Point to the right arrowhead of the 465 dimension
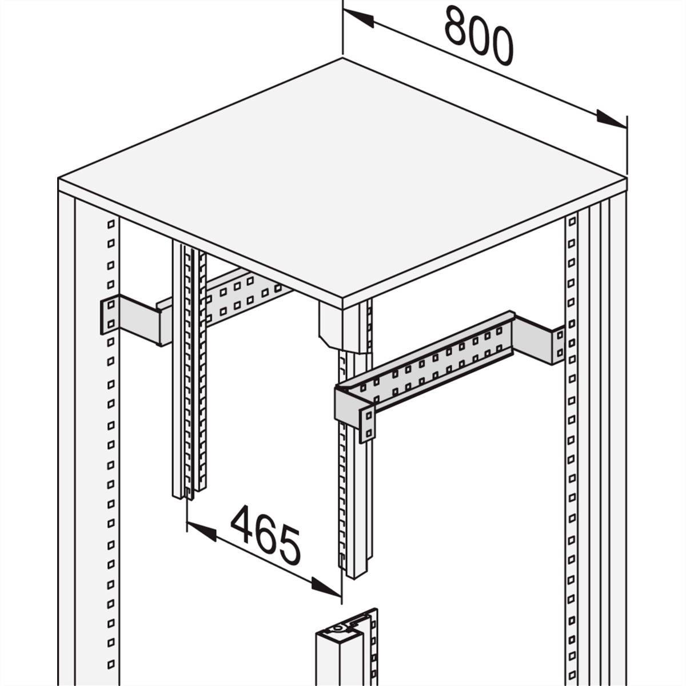click(x=326, y=587)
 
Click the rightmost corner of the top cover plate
click(x=627, y=180)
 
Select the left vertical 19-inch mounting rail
click(x=189, y=372)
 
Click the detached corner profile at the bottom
click(x=343, y=657)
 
